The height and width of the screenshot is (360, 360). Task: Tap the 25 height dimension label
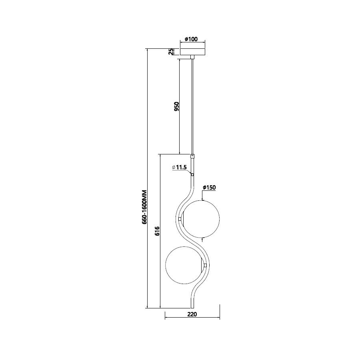171,52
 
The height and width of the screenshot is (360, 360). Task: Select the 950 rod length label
176,106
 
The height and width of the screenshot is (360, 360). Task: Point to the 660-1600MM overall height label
144,207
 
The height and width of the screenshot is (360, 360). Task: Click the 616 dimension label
157,231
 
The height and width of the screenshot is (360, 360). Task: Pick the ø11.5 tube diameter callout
179,167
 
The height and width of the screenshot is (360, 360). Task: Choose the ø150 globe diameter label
209,188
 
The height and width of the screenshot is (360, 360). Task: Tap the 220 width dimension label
192,314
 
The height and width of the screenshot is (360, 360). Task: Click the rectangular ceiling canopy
192,52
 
